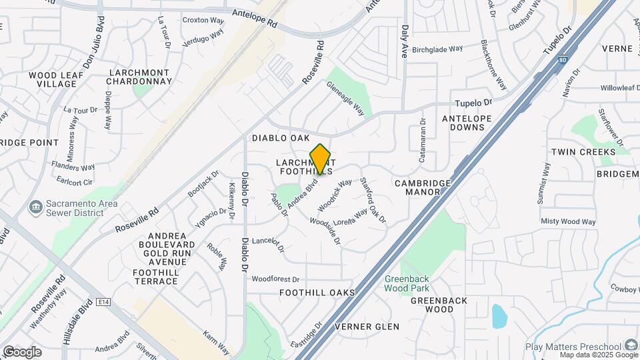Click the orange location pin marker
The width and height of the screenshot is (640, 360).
click(320, 160)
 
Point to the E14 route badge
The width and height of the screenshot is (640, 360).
click(102, 302)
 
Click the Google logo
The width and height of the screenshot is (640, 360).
click(22, 351)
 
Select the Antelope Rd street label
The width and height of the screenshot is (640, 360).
click(254, 17)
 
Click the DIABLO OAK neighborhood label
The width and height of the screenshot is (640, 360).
click(281, 138)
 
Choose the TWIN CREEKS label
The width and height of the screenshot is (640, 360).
click(583, 153)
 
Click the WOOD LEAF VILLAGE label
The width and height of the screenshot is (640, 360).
click(56, 80)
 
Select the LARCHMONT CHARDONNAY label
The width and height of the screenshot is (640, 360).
click(139, 76)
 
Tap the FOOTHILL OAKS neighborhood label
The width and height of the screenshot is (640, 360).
click(317, 293)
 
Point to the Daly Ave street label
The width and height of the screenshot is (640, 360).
click(404, 41)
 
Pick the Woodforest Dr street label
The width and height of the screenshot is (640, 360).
click(275, 279)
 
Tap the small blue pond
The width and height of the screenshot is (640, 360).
click(499, 316)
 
